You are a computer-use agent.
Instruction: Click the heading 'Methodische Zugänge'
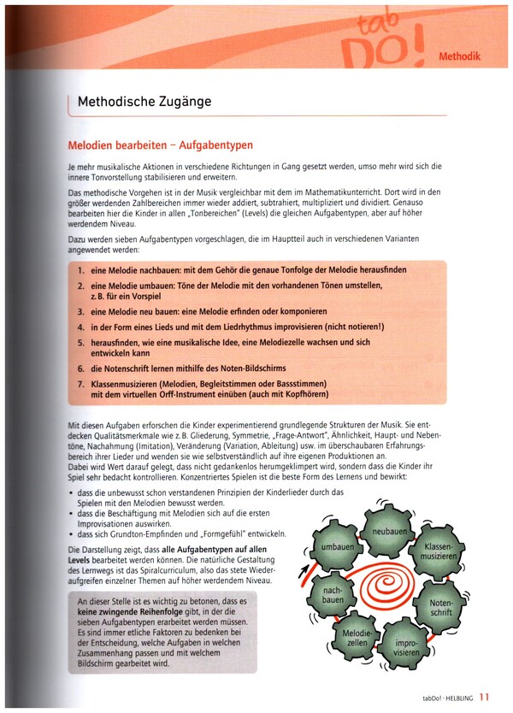pos(144,102)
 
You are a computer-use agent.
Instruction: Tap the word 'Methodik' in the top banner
pos(459,57)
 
